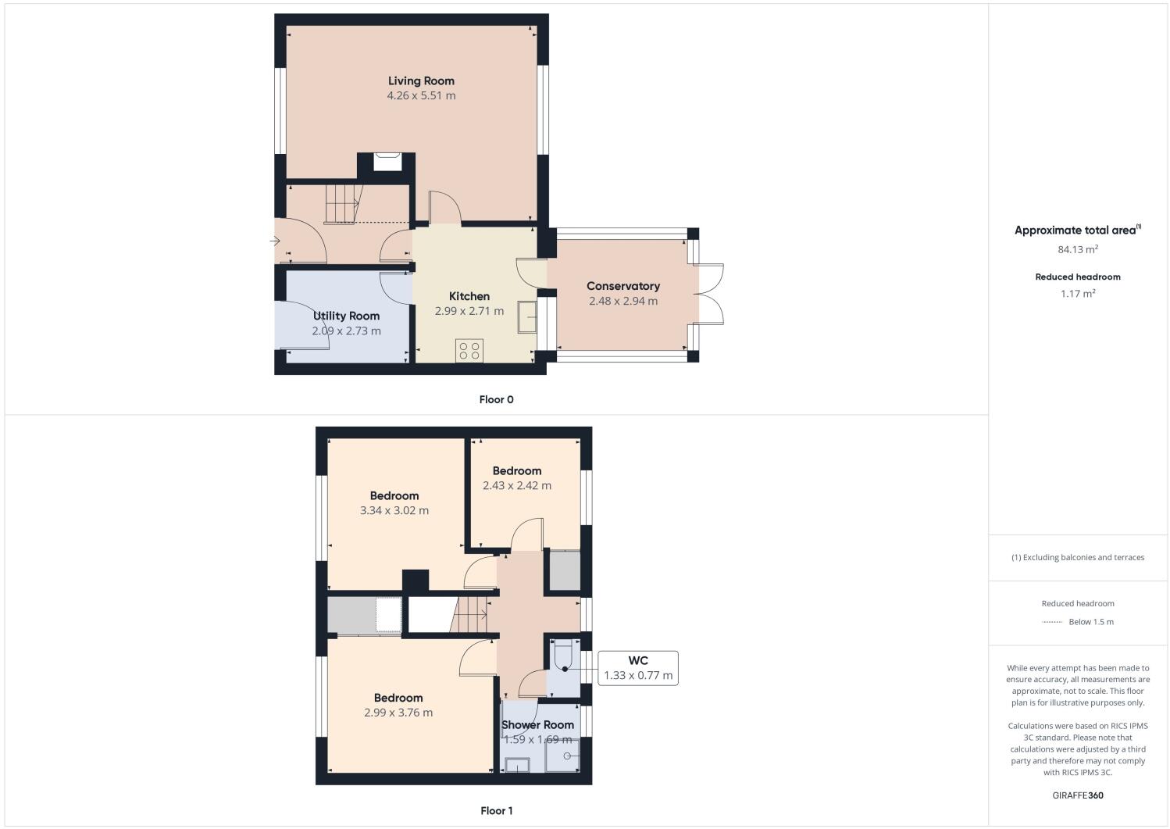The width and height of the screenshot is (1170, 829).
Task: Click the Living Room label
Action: click(421, 80)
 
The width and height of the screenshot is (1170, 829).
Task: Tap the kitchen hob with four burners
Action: click(469, 350)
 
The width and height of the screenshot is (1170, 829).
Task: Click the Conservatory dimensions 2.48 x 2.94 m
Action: click(622, 301)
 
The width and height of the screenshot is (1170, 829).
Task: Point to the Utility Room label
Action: click(346, 316)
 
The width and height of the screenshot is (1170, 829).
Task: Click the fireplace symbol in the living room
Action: click(387, 161)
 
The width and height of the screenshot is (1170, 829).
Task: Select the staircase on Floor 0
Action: click(343, 203)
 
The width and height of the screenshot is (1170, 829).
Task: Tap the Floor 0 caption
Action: click(496, 399)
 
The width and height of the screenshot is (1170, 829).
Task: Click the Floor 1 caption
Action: click(496, 810)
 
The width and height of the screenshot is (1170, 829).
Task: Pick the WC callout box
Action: click(637, 668)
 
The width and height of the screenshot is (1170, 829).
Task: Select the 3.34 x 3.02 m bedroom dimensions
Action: click(394, 510)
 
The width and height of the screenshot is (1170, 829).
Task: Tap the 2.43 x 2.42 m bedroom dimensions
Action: click(516, 485)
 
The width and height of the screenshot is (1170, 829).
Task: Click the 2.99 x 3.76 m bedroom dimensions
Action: click(398, 713)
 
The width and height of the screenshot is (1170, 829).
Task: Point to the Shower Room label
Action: click(537, 724)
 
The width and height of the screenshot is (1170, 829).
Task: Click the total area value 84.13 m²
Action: click(1077, 250)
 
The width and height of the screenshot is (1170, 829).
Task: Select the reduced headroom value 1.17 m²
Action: click(1077, 294)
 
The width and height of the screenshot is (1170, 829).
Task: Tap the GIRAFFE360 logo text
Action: click(1077, 795)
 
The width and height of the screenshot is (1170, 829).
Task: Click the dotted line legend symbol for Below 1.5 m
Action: click(1052, 622)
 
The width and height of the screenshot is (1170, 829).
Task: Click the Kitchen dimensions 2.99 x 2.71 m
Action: click(469, 311)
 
